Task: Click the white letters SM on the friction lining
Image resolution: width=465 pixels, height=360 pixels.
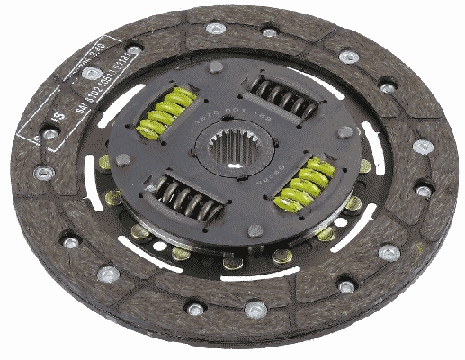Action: point(82,105)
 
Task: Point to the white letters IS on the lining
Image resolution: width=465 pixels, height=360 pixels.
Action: point(59,117)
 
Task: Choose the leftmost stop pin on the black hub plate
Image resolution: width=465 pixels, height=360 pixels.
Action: point(123,160)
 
